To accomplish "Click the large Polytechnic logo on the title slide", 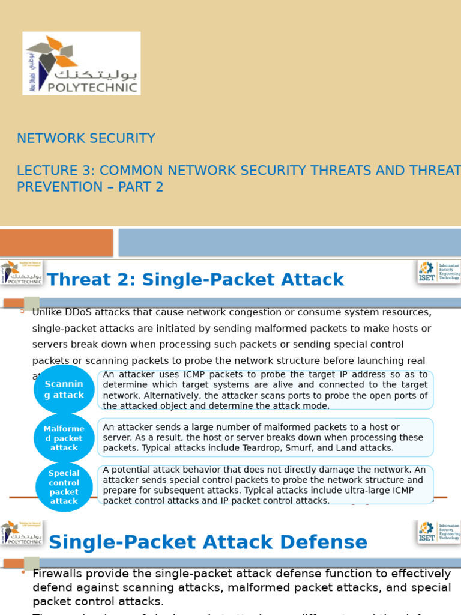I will click(81, 63).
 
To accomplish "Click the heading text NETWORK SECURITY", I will click(86, 138).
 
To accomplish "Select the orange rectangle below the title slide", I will click(56, 243).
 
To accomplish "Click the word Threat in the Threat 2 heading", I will click(79, 279).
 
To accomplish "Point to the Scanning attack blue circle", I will click(64, 389).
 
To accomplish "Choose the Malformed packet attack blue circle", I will click(64, 438).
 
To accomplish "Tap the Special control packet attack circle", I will click(64, 487).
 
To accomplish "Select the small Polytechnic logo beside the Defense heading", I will click(21, 532).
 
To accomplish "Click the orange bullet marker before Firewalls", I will click(23, 572).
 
